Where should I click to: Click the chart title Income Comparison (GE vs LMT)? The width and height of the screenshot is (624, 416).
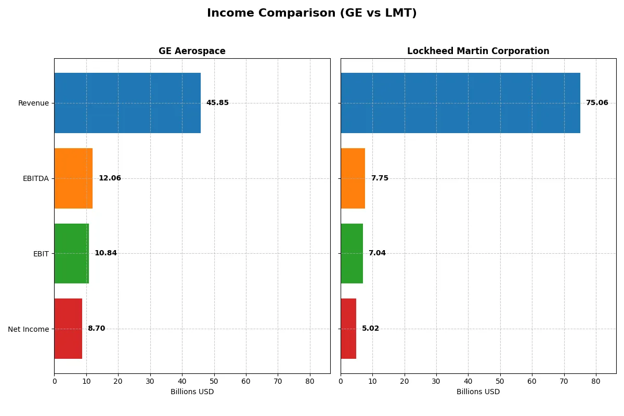tap(311, 13)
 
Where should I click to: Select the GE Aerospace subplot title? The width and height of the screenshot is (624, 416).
tap(192, 51)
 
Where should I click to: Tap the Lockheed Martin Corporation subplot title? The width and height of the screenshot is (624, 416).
tap(478, 51)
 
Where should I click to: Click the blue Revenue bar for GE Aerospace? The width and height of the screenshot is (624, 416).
tap(127, 103)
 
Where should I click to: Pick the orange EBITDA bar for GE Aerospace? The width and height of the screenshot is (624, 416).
tap(73, 178)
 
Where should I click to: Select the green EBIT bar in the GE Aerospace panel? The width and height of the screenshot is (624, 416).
tap(71, 253)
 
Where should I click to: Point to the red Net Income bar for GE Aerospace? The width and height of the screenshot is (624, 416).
tap(68, 329)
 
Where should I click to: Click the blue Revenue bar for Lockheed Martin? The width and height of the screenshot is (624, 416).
tap(460, 103)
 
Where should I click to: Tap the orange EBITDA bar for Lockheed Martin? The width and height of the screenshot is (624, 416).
tap(353, 178)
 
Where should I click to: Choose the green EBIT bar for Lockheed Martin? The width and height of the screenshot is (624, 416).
tap(352, 253)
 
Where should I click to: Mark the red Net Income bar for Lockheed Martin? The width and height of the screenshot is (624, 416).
tap(348, 329)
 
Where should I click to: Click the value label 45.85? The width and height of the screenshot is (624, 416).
tap(217, 103)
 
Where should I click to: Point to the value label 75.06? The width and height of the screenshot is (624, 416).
tap(597, 103)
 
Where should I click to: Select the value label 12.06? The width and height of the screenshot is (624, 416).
tap(110, 178)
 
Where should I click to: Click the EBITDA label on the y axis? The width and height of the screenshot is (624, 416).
tap(35, 178)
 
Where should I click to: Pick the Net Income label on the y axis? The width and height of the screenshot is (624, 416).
tap(29, 329)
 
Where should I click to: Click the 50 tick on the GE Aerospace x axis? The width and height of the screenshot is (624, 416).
tap(214, 381)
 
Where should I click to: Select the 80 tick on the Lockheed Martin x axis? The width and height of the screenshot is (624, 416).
tap(596, 381)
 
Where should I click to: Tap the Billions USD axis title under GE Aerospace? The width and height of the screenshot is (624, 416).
tap(192, 392)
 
